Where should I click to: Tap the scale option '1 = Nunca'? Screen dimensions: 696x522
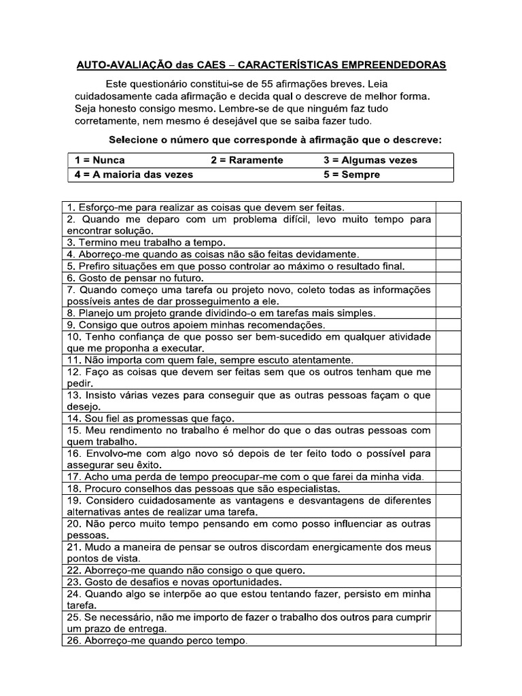(x=100, y=160)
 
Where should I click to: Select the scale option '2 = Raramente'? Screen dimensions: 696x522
(x=247, y=160)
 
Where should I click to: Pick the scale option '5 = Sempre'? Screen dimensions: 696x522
(x=352, y=175)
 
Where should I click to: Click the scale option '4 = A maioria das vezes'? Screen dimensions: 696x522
(x=134, y=175)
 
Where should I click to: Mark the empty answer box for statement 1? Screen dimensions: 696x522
(x=448, y=207)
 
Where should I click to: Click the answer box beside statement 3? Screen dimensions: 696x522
(x=448, y=242)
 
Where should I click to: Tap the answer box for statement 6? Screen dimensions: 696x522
(x=448, y=278)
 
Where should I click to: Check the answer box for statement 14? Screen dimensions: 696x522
(x=448, y=418)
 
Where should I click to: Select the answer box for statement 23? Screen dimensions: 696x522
(x=448, y=582)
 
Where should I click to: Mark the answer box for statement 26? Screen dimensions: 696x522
(x=448, y=640)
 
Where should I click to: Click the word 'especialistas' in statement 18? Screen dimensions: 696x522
(x=310, y=489)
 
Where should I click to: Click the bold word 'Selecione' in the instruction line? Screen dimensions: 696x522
(x=134, y=140)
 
